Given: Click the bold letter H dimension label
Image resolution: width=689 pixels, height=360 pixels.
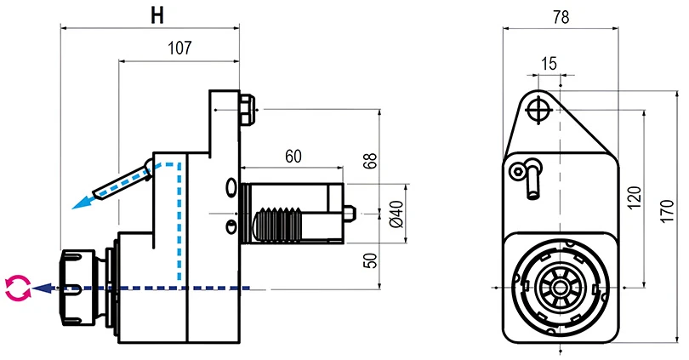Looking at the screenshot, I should (157, 14).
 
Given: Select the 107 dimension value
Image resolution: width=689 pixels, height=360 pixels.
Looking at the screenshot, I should (179, 49).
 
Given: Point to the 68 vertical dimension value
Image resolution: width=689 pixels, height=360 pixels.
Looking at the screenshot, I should (370, 162).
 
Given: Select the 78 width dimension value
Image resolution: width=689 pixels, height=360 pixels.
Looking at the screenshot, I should (560, 16).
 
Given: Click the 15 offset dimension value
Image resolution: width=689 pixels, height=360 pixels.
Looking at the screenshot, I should (549, 63).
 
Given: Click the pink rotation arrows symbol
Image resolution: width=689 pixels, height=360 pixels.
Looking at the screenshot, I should (17, 289).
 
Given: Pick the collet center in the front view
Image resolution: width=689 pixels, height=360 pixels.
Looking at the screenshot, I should (559, 287).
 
